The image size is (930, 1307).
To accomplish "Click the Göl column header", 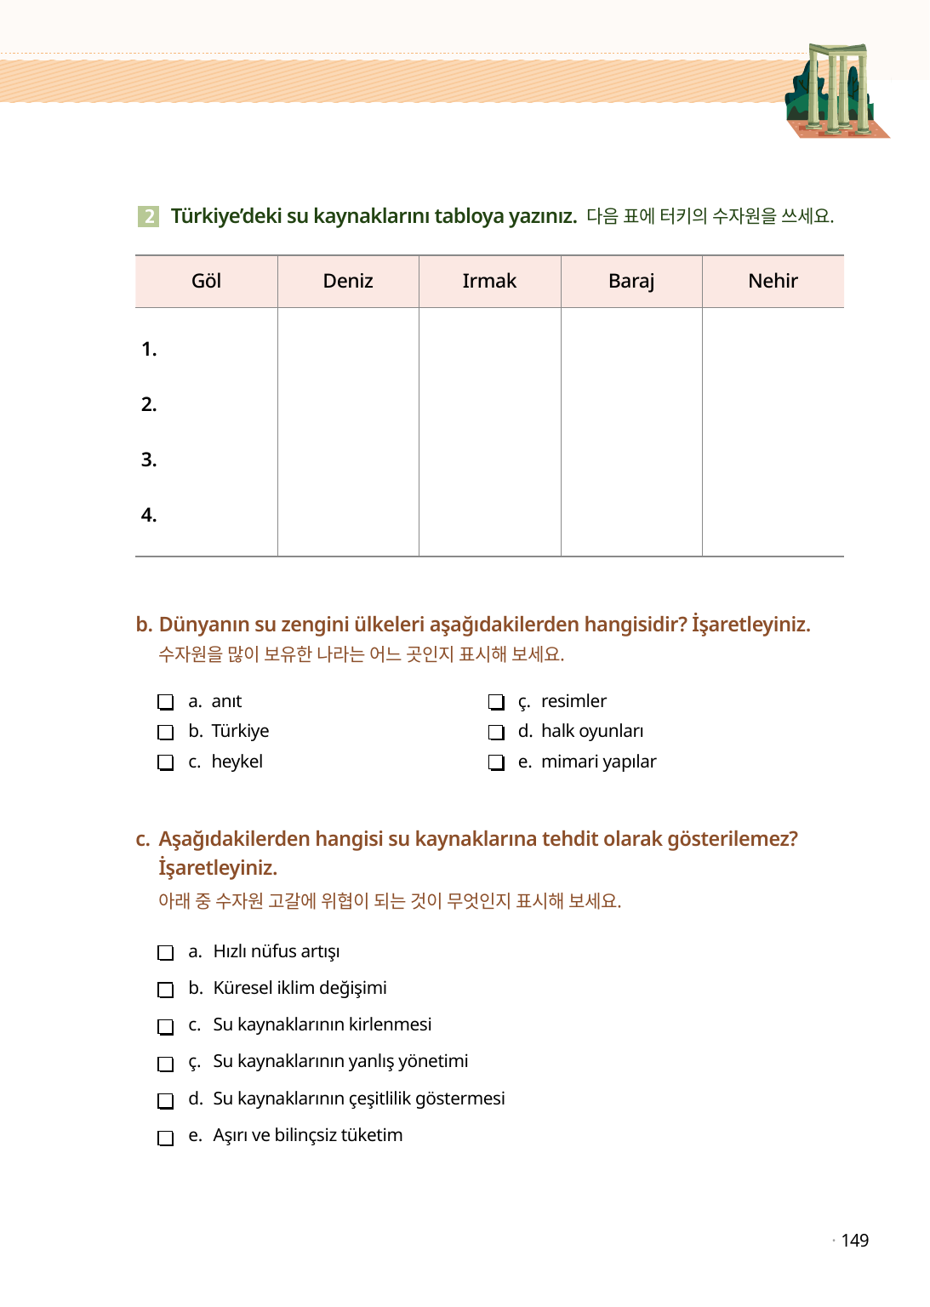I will pyautogui.click(x=206, y=282).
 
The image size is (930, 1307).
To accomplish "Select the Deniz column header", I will pyautogui.click(x=348, y=282).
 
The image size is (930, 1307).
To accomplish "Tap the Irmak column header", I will pyautogui.click(x=489, y=282).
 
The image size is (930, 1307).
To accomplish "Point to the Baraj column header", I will pyautogui.click(x=631, y=282).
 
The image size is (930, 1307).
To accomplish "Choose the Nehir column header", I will pyautogui.click(x=773, y=282).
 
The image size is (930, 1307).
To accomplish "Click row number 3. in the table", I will pyautogui.click(x=149, y=460).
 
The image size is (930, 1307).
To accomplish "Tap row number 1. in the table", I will pyautogui.click(x=149, y=350).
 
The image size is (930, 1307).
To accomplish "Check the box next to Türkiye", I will pyautogui.click(x=166, y=733).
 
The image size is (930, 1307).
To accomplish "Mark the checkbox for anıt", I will pyautogui.click(x=166, y=702).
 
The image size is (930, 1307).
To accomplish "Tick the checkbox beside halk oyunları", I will pyautogui.click(x=496, y=733).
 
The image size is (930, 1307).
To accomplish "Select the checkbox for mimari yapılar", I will pyautogui.click(x=496, y=762).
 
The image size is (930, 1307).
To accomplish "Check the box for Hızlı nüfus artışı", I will pyautogui.click(x=166, y=953).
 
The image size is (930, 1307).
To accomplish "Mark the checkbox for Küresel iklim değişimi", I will pyautogui.click(x=166, y=990).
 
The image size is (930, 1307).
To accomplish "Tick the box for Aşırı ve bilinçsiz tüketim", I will pyautogui.click(x=166, y=1138).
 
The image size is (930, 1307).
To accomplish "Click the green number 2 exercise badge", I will pyautogui.click(x=148, y=216).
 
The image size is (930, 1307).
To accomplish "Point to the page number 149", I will pyautogui.click(x=854, y=1241).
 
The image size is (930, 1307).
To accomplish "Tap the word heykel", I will pyautogui.click(x=237, y=762).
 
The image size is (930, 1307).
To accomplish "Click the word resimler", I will pyautogui.click(x=573, y=701).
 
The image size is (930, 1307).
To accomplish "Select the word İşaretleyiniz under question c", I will pyautogui.click(x=218, y=868).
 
